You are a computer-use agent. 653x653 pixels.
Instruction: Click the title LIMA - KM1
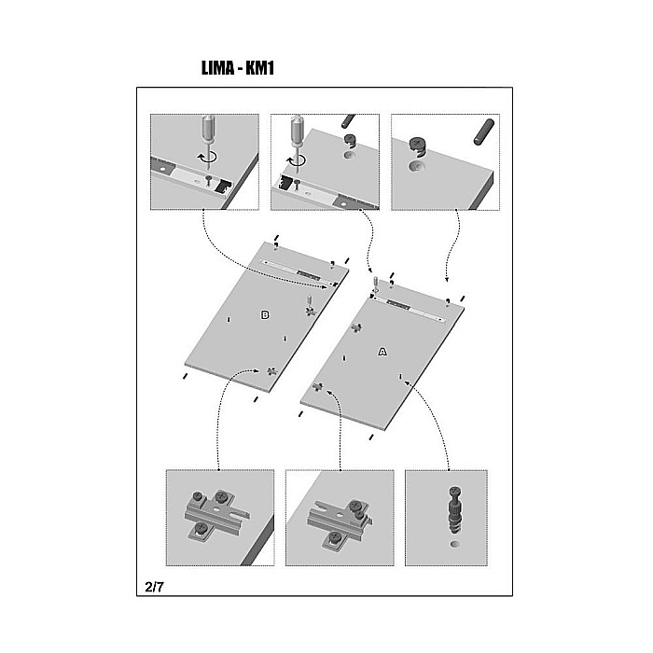(238, 68)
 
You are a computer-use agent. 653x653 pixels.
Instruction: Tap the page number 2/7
(154, 587)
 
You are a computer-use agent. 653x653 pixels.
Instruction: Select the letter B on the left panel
(265, 315)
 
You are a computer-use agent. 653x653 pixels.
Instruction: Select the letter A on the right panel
(382, 352)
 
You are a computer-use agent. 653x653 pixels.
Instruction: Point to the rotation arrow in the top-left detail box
(207, 157)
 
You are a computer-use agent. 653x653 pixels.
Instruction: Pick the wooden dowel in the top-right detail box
(484, 132)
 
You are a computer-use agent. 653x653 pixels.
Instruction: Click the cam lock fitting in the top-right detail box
(418, 147)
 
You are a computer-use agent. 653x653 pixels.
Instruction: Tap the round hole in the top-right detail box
(416, 167)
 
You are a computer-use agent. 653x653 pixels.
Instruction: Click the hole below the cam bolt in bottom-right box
(456, 544)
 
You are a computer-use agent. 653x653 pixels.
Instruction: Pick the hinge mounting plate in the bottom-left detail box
(216, 515)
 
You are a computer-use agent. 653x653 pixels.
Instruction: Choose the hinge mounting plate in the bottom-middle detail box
(340, 519)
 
